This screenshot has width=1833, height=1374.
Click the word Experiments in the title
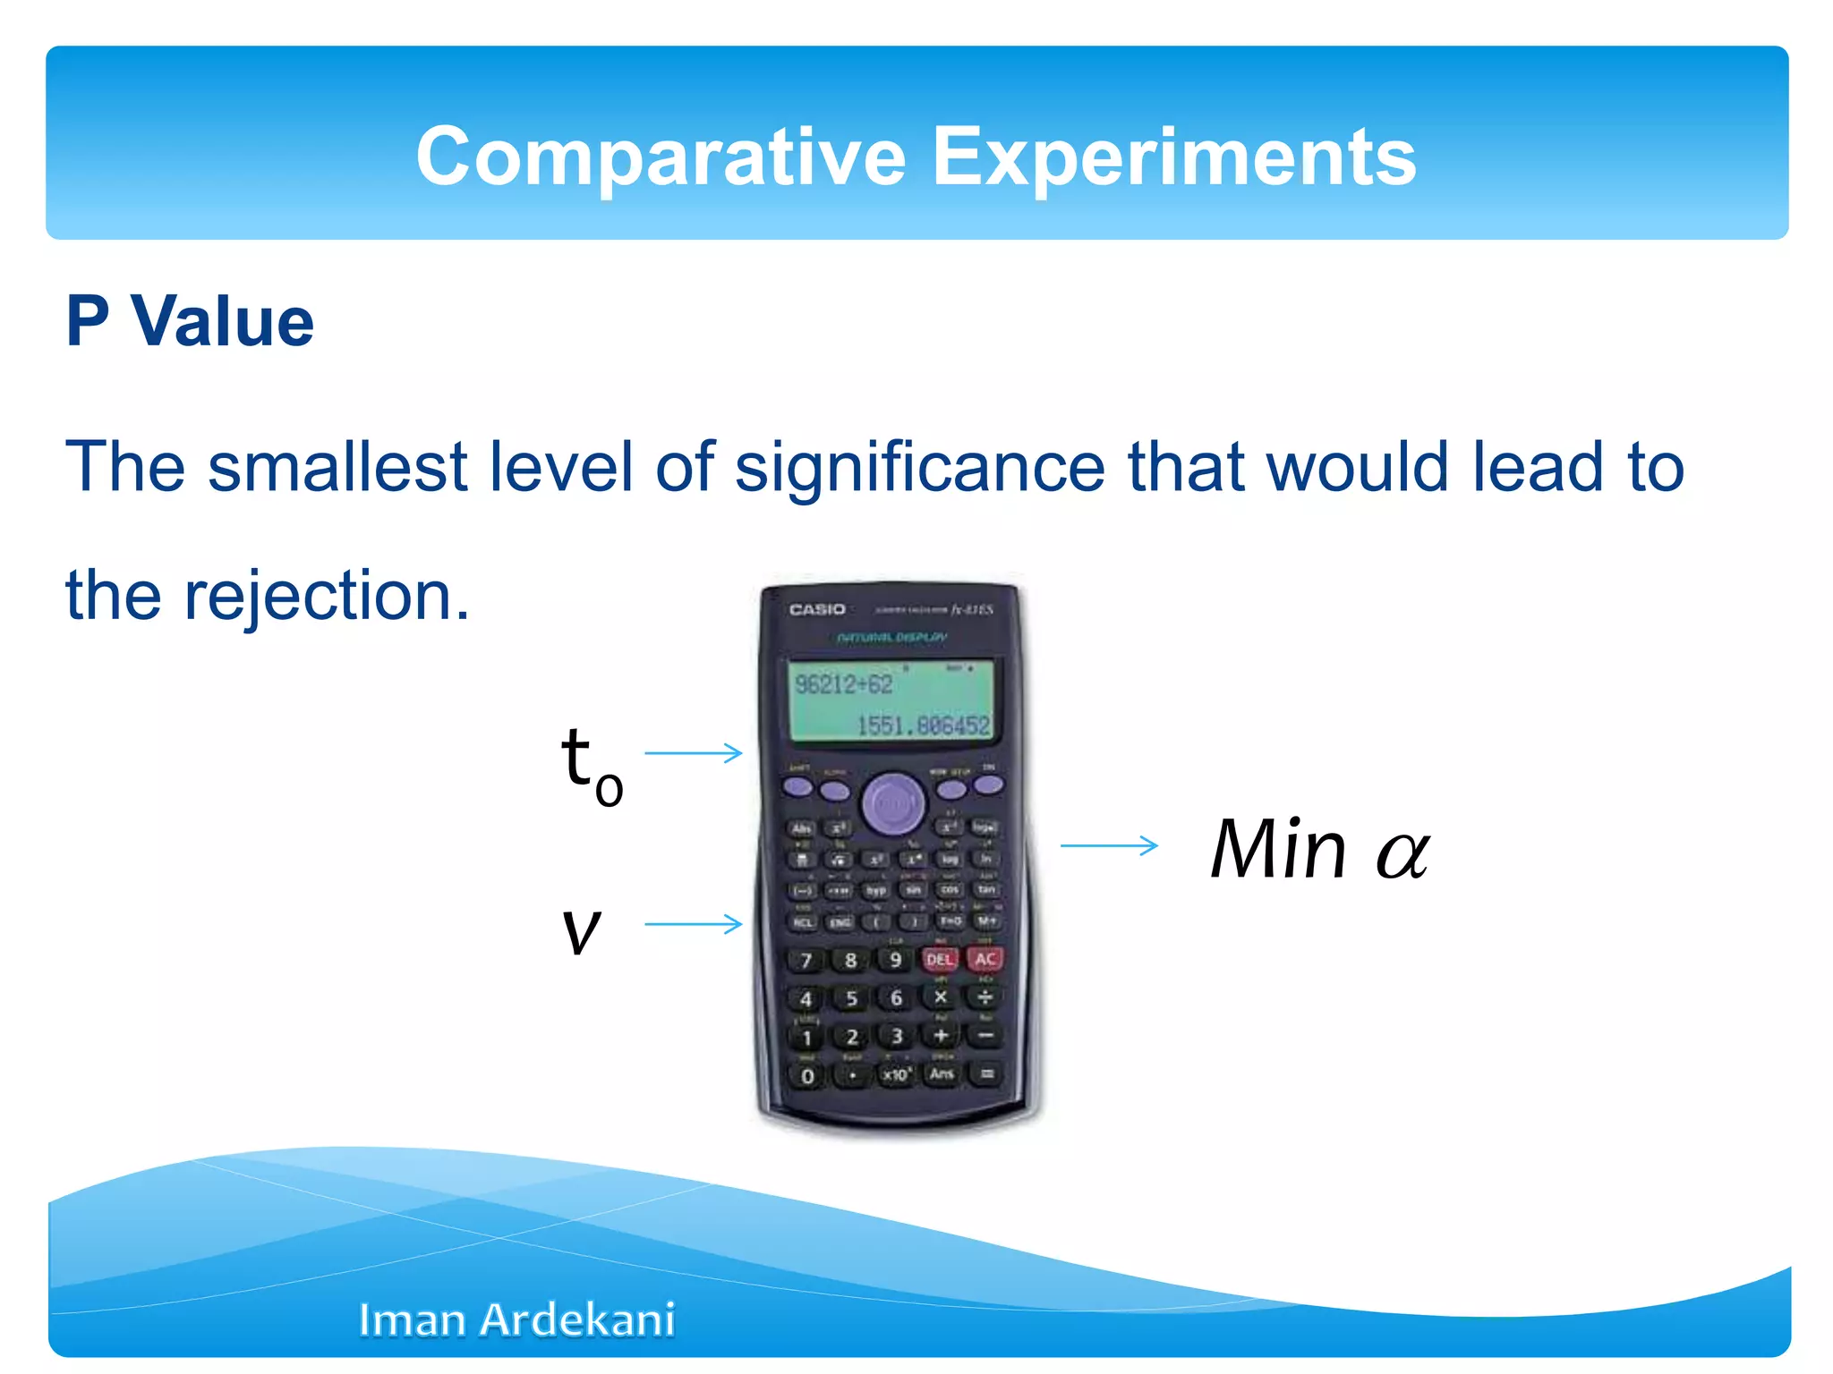point(1173,157)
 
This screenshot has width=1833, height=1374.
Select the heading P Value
point(190,321)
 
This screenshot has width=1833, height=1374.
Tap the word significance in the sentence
point(920,467)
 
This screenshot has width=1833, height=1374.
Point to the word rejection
point(326,596)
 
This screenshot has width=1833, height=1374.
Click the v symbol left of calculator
point(581,929)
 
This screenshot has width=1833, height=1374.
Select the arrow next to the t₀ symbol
point(694,753)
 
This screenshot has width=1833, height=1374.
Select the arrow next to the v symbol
point(694,923)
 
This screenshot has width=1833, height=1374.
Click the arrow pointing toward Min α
point(1109,845)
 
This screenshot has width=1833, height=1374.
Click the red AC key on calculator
point(985,959)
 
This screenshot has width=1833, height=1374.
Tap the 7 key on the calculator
point(806,961)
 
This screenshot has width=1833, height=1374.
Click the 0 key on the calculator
point(807,1076)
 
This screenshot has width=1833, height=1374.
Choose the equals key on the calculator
point(986,1074)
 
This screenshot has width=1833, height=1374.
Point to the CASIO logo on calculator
point(816,609)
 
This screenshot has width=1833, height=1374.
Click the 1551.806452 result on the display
point(923,725)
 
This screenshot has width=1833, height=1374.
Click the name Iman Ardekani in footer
point(516,1320)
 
